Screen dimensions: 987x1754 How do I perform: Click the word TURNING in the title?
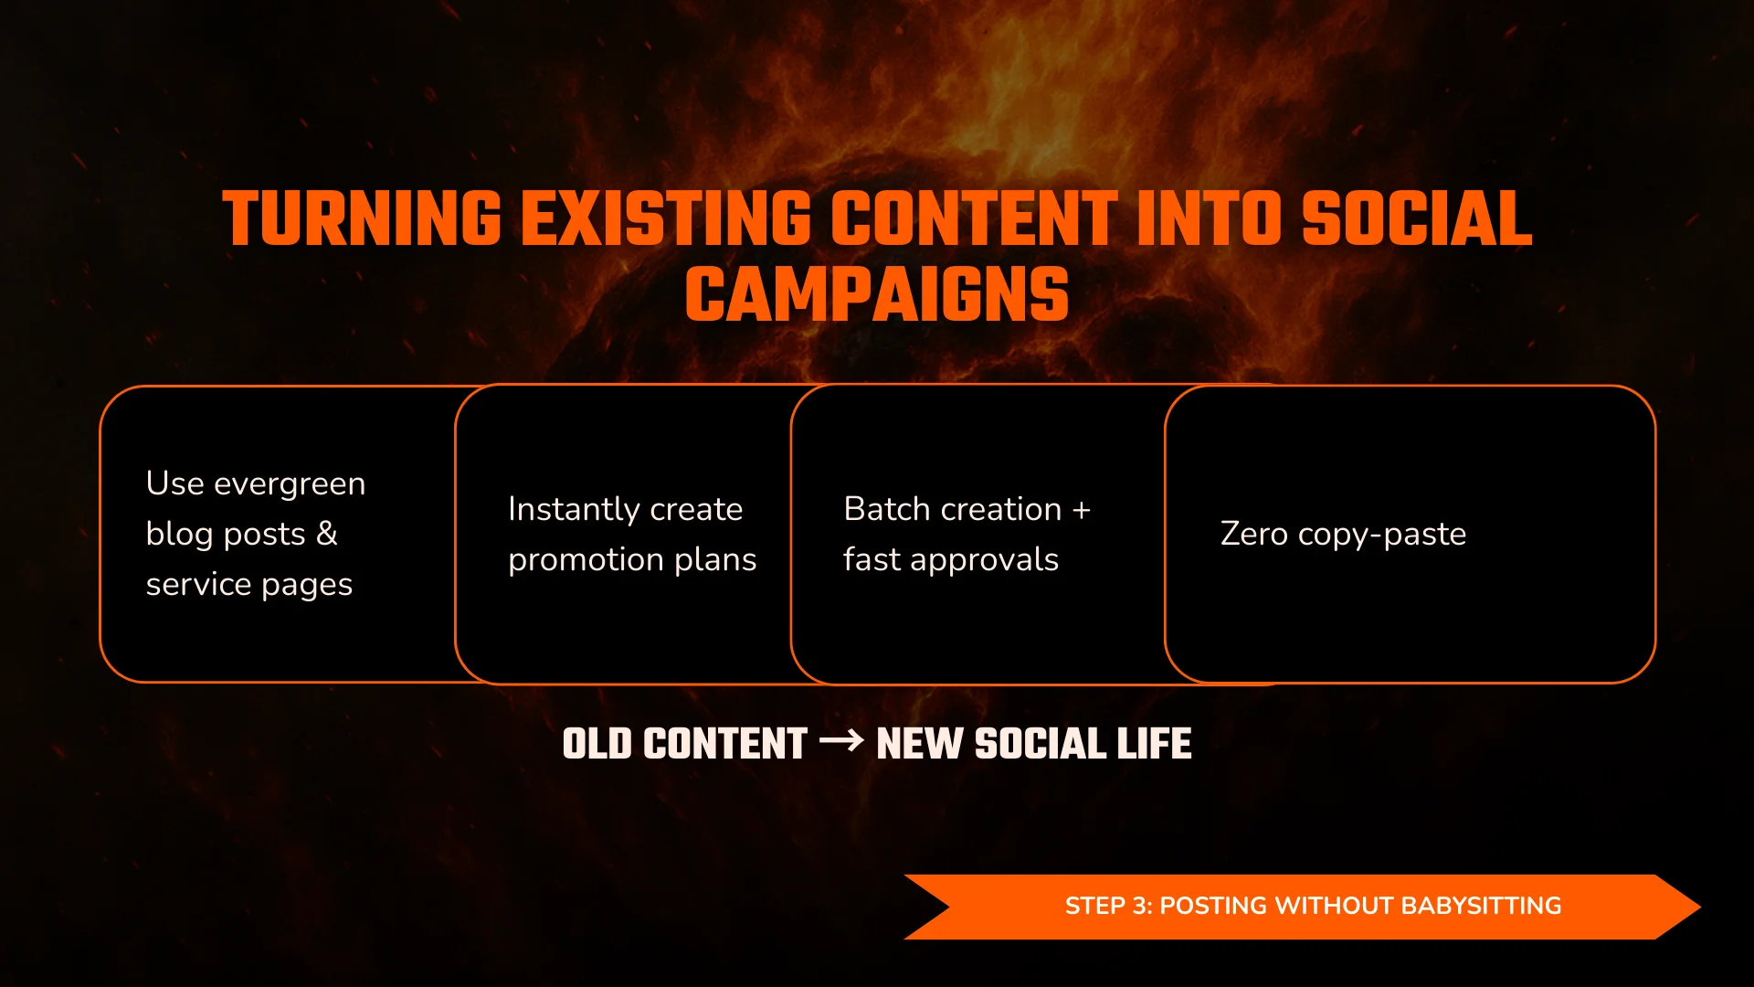(x=362, y=219)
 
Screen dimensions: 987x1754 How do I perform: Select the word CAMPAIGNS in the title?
(x=877, y=295)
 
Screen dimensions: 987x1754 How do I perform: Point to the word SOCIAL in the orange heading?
(x=1417, y=219)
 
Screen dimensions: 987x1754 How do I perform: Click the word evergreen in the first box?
(x=290, y=483)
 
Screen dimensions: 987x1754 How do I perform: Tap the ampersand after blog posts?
(x=326, y=534)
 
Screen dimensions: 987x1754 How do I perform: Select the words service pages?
(x=248, y=584)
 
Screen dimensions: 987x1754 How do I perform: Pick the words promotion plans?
(x=632, y=559)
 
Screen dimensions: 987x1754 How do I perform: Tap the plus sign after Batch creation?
(x=1082, y=510)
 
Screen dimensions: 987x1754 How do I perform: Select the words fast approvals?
(x=950, y=559)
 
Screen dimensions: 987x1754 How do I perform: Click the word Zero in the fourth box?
(x=1253, y=534)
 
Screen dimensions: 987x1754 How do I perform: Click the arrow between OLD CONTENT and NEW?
(x=841, y=740)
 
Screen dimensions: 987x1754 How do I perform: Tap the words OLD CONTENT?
(x=684, y=744)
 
